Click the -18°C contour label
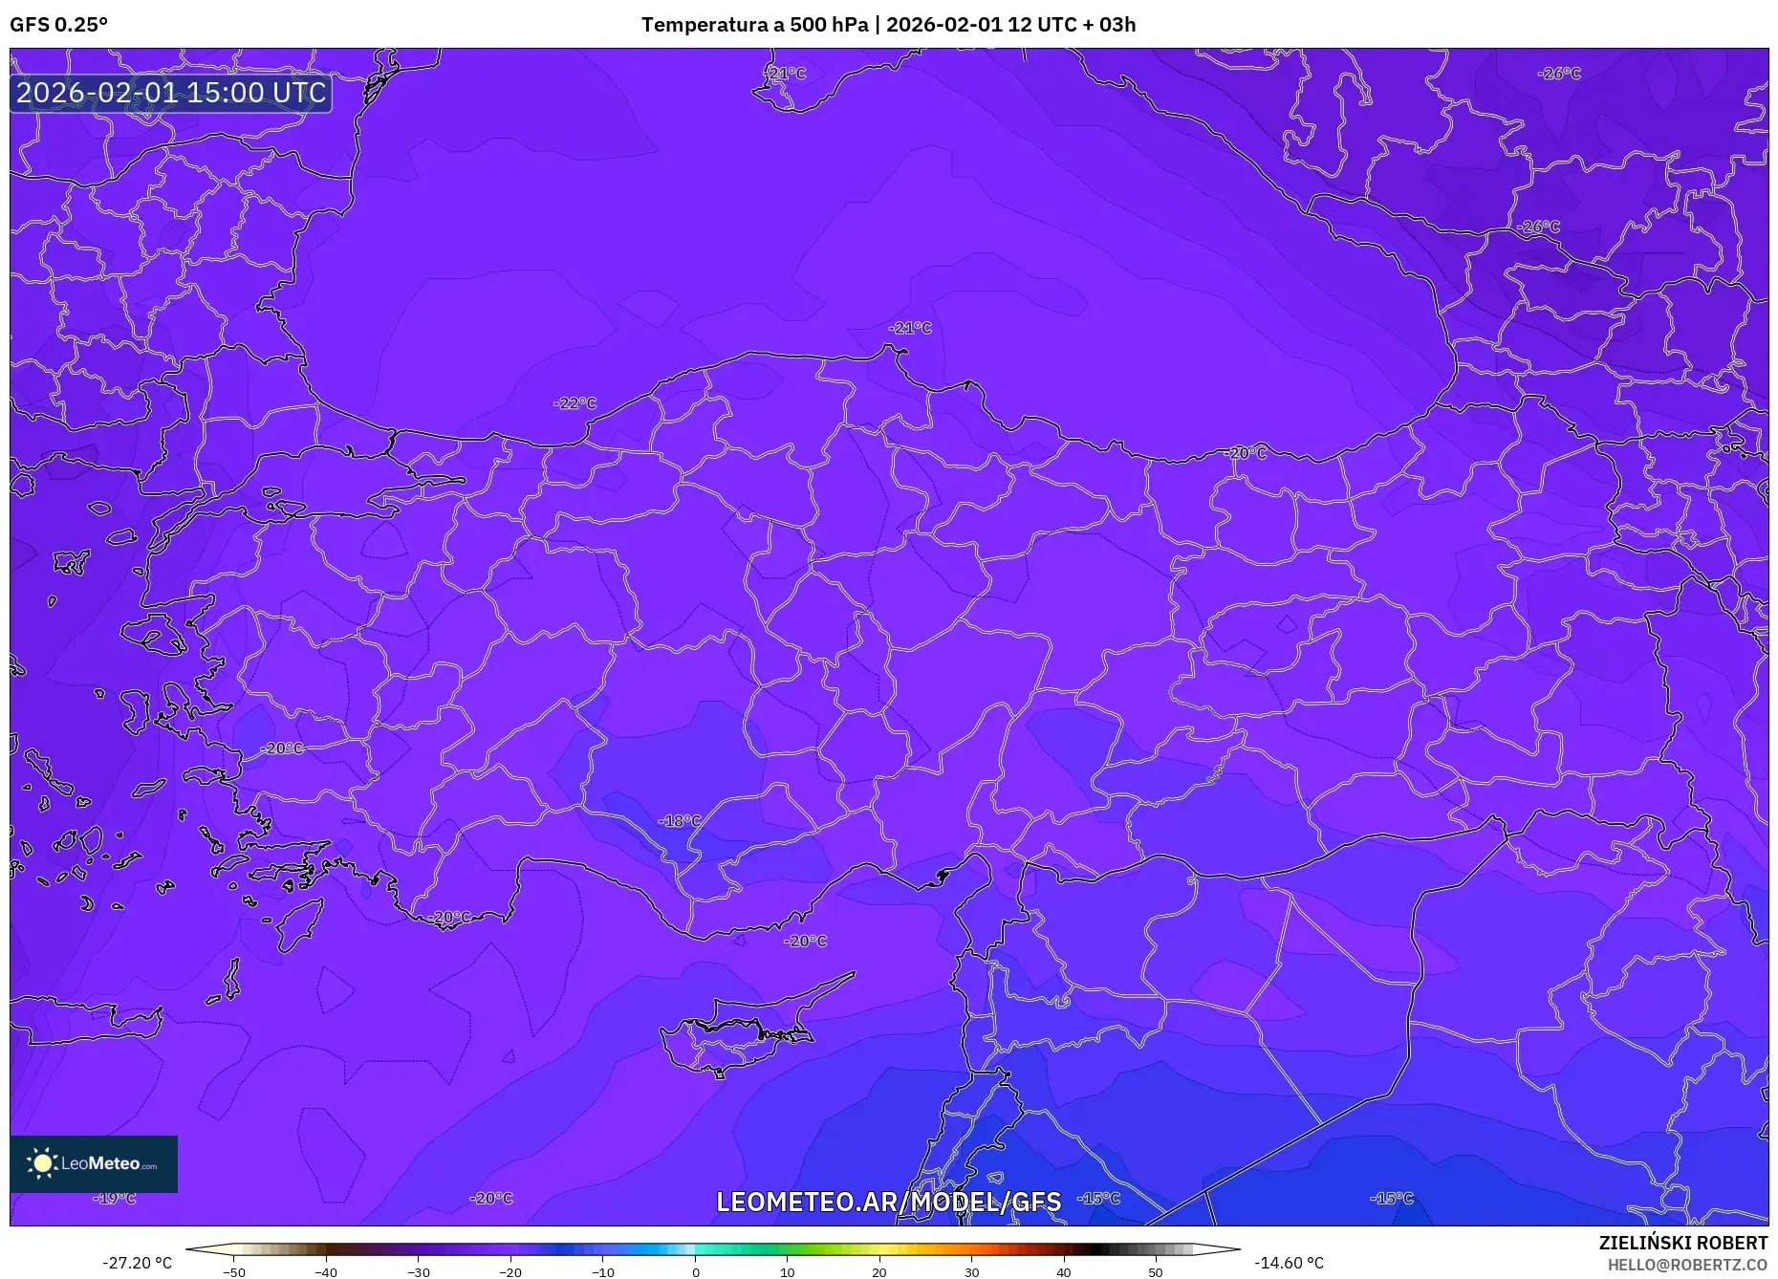(x=680, y=821)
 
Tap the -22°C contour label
(x=575, y=403)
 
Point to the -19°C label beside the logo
(x=116, y=1199)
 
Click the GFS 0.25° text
(x=58, y=25)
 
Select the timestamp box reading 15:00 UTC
(x=171, y=93)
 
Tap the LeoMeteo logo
(x=94, y=1163)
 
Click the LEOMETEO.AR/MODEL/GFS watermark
(x=888, y=1202)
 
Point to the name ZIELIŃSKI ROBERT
(x=1682, y=1244)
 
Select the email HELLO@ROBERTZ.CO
(x=1687, y=1265)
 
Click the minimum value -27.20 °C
(x=138, y=1264)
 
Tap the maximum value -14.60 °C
(x=1289, y=1264)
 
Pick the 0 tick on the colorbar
(x=696, y=1272)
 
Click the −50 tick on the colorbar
(x=234, y=1272)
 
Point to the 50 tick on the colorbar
(x=1155, y=1272)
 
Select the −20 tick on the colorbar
(x=510, y=1272)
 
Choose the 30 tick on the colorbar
(x=971, y=1272)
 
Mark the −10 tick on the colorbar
(x=603, y=1272)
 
